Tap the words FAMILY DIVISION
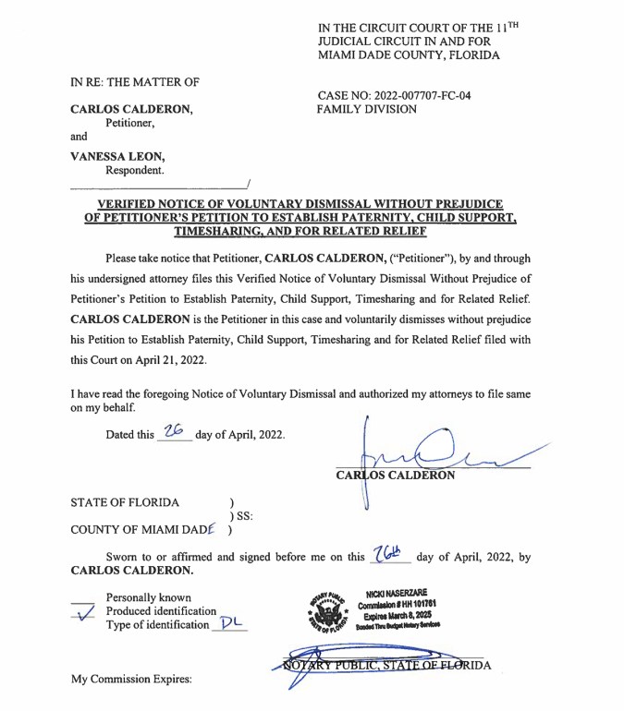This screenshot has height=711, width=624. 366,109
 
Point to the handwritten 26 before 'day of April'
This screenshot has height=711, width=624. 173,431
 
